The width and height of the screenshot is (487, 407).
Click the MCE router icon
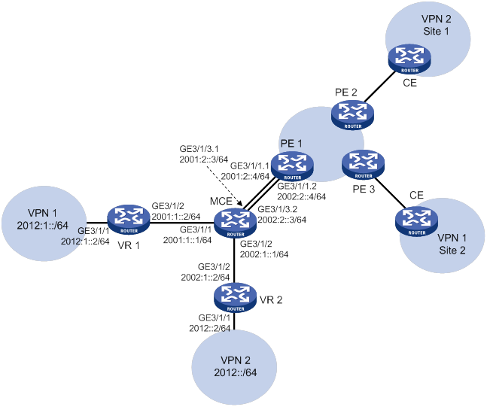coord(236,223)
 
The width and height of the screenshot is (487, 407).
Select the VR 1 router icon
coord(129,220)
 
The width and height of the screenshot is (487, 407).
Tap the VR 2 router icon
coord(236,297)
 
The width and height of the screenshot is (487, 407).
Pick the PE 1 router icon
coord(292,166)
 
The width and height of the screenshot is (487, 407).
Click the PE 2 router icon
coord(352,115)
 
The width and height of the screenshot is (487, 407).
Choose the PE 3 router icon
coord(363,165)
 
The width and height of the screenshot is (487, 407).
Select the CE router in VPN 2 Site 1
coord(409,59)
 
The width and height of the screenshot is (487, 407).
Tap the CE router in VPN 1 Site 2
coord(417,221)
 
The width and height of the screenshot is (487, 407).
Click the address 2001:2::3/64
coord(204,159)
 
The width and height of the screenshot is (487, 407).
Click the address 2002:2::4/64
coord(301,196)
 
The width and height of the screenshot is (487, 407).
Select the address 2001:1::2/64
coord(176,217)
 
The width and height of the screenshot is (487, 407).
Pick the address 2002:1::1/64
coord(264,254)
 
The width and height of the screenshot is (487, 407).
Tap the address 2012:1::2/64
coord(85,241)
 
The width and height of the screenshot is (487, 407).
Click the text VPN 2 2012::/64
coord(236,366)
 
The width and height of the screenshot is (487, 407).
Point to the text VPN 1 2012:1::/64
coord(43,219)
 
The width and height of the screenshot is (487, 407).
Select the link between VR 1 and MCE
coord(182,223)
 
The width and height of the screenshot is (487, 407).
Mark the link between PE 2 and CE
coord(379,87)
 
